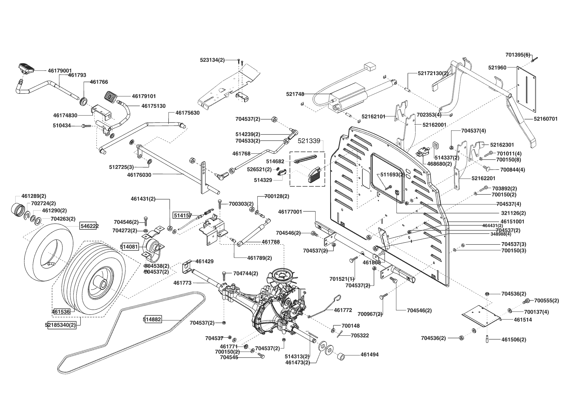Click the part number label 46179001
(x=60, y=70)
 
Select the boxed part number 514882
(x=152, y=319)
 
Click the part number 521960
(x=497, y=68)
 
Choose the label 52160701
(x=546, y=119)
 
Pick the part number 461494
(x=369, y=355)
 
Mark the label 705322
(x=360, y=335)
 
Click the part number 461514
(x=523, y=319)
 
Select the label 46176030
(x=139, y=175)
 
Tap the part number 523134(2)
(x=212, y=60)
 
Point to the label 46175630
(x=188, y=113)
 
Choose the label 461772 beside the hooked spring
(x=343, y=310)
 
